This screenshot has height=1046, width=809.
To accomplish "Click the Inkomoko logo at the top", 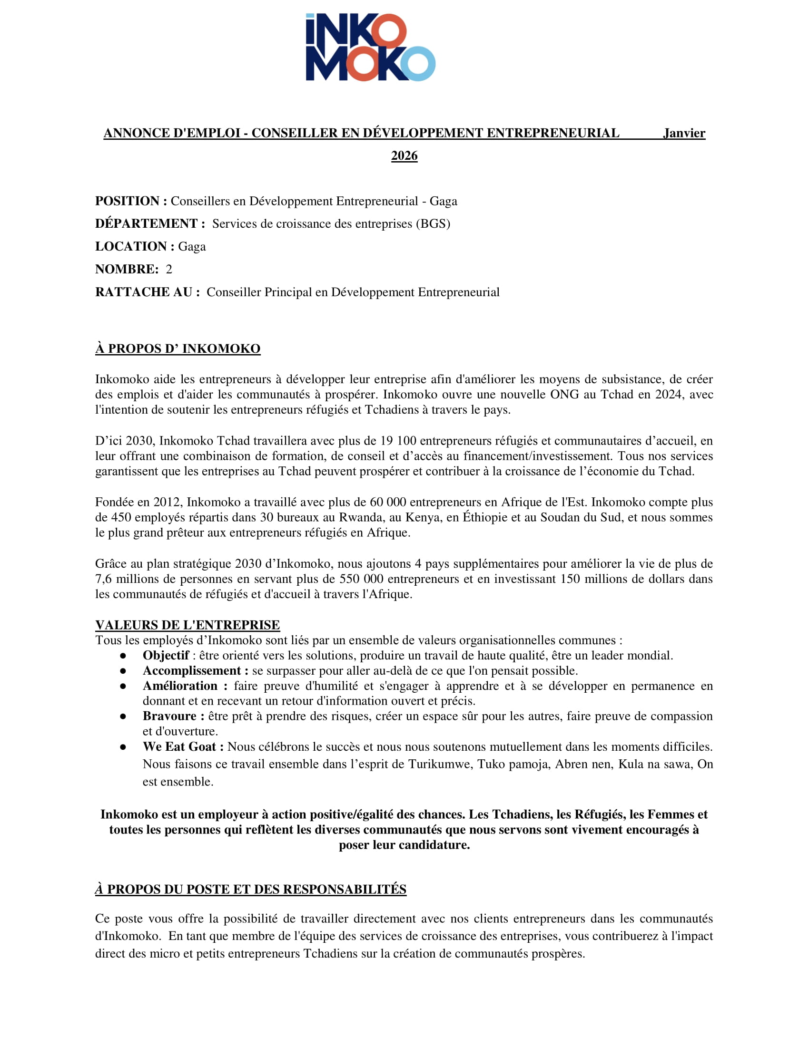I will tap(370, 47).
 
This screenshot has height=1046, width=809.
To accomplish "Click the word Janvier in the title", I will tap(684, 133).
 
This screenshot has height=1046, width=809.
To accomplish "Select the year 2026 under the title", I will tap(404, 156).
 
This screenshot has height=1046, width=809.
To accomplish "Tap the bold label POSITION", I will tap(128, 201).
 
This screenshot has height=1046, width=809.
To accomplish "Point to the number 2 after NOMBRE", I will tap(169, 270).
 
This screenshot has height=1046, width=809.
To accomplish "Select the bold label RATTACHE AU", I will tap(144, 292).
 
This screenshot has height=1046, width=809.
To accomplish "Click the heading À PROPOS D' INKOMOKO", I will tap(178, 349).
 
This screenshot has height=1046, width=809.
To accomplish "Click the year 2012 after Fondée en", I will tap(168, 502).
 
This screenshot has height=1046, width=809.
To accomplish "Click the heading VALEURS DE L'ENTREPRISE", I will tap(187, 625).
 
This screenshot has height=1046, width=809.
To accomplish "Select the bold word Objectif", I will tap(166, 655).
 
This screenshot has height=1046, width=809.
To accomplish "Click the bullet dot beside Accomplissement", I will tap(123, 671).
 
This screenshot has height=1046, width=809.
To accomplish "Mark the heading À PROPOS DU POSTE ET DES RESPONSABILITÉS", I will tap(251, 890).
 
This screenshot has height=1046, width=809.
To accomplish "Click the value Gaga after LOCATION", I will tap(192, 247).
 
